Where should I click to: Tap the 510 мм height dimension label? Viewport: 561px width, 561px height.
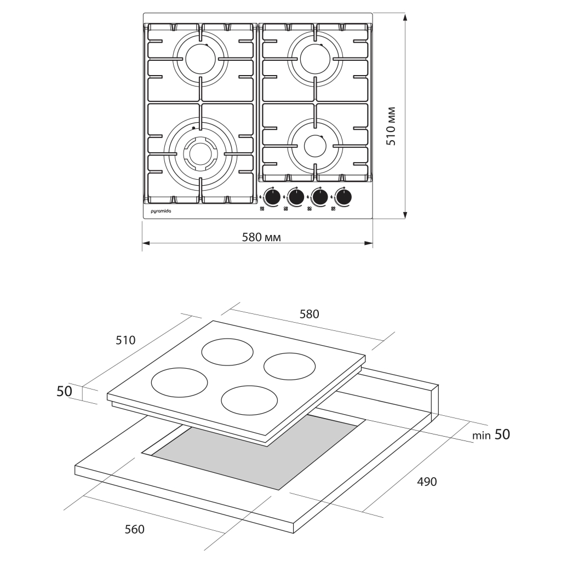click(391, 127)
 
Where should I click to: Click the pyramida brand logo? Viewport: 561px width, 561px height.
click(161, 210)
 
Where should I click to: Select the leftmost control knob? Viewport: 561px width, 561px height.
click(272, 197)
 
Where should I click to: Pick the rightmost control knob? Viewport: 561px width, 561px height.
click(344, 197)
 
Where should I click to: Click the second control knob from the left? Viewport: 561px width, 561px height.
click(296, 197)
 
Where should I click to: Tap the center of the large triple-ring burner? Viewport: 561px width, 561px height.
click(201, 153)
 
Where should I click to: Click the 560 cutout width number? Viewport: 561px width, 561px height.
click(134, 529)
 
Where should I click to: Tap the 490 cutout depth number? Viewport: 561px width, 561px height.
click(427, 482)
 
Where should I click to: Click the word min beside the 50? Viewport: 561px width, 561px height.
click(482, 436)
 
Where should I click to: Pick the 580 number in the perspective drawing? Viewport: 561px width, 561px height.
click(309, 314)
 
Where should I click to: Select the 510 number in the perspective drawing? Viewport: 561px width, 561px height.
click(125, 340)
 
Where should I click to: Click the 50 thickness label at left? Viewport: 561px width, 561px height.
click(65, 391)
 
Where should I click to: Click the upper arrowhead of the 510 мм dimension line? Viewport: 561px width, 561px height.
click(405, 18)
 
